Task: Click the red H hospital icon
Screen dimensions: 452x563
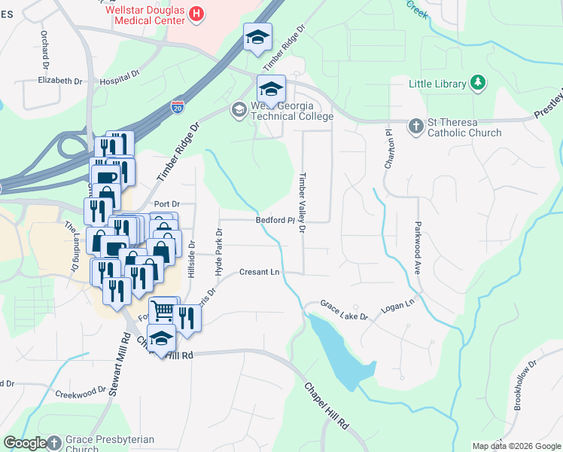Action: click(x=196, y=13)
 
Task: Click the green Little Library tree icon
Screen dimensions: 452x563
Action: click(x=477, y=83)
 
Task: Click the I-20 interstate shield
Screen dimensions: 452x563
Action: click(x=178, y=107)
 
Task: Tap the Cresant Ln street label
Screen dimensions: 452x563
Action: click(x=260, y=272)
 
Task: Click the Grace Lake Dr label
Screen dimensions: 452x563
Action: click(x=343, y=310)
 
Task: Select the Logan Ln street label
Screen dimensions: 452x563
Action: click(x=399, y=303)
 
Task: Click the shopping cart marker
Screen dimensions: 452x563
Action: click(x=162, y=310)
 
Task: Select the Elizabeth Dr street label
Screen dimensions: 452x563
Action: click(x=59, y=81)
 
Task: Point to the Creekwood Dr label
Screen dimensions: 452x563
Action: click(x=81, y=392)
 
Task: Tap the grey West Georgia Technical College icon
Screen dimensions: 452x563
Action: click(x=239, y=111)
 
